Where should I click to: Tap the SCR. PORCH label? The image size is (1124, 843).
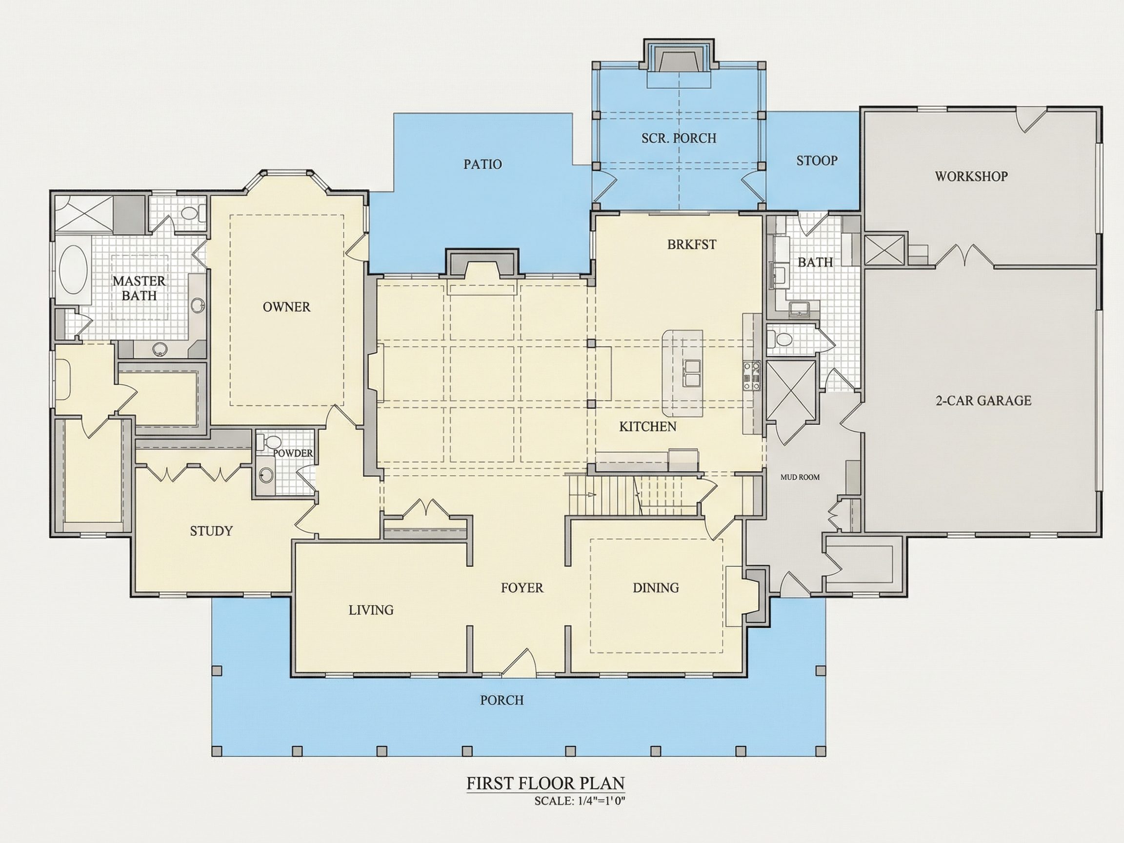(x=679, y=138)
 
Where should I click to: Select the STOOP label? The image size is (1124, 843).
(x=817, y=161)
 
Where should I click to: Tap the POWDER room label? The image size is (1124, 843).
(x=293, y=453)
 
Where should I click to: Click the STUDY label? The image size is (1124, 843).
(x=211, y=531)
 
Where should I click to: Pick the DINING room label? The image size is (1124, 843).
(x=656, y=588)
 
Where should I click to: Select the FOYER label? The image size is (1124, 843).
(x=522, y=588)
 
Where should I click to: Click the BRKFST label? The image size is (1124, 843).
(x=692, y=244)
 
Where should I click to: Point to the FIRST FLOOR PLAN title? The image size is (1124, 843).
(x=545, y=783)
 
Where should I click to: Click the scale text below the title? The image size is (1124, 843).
(x=579, y=802)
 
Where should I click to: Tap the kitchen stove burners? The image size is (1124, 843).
(x=752, y=376)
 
